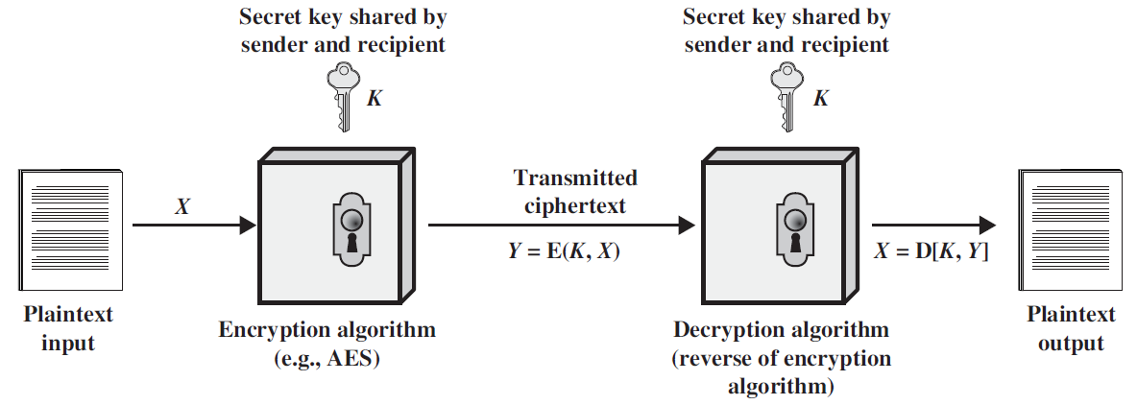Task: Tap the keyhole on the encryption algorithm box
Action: [x=349, y=230]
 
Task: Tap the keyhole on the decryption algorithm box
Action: [x=792, y=230]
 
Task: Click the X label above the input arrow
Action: [x=181, y=206]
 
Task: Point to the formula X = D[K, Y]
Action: [x=931, y=250]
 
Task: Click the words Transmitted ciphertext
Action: [x=574, y=192]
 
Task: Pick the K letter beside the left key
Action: [x=375, y=99]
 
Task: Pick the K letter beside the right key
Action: [x=819, y=99]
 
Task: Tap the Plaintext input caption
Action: [x=68, y=328]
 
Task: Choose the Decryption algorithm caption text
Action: [x=781, y=330]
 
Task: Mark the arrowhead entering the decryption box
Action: [x=686, y=226]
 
